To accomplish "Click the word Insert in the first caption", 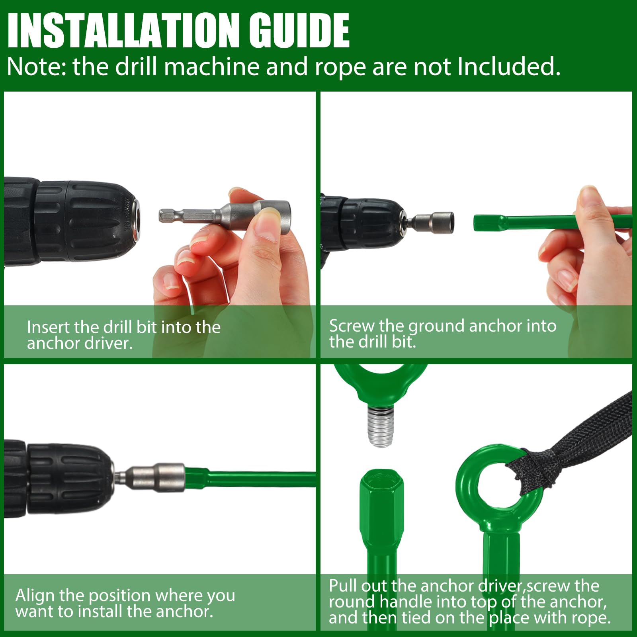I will (49, 327).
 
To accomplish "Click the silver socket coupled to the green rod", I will (159, 477).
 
